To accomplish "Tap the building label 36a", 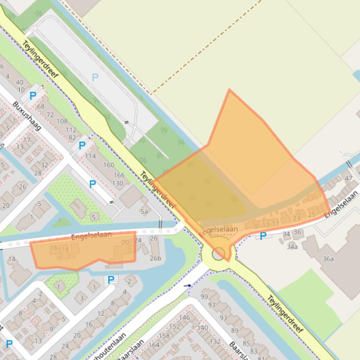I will coord(328,259).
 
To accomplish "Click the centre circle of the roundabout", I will coord(219,254).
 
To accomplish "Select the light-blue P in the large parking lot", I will coord(96,77).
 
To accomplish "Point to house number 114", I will coord(90,156).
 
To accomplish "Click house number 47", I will coord(348,178).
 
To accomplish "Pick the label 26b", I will coord(155,258).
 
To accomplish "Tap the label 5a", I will coord(144,211).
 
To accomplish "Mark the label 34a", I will coord(292,246).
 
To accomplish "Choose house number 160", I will coord(109,165).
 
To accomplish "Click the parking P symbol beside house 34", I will coord(263,236).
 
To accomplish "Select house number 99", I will coord(204,296).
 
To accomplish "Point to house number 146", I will coord(184,317).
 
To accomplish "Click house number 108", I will coord(62,122).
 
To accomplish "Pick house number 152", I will coord(175,326).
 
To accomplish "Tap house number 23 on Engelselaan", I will coord(296,218).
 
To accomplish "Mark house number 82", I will coord(72,137).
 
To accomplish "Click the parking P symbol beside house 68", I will coord(33,96).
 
